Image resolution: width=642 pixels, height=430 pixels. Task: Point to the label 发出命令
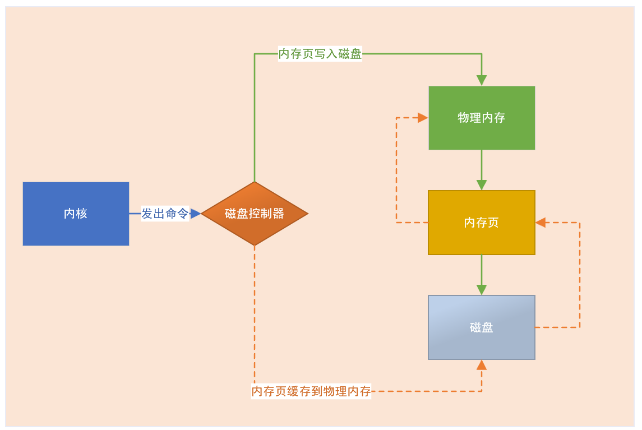click(x=165, y=214)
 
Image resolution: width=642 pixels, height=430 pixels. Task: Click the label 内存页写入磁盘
click(x=320, y=54)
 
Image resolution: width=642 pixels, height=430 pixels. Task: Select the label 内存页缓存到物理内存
click(x=311, y=391)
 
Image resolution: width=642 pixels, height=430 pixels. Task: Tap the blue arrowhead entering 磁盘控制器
click(x=195, y=214)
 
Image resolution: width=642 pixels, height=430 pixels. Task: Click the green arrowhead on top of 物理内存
click(x=482, y=80)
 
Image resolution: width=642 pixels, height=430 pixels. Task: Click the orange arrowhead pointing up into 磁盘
click(x=482, y=366)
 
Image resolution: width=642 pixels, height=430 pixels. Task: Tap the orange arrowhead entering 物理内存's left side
click(x=422, y=118)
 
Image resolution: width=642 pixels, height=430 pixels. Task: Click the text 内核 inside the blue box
click(x=76, y=214)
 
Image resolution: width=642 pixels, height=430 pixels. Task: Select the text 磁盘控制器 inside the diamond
click(x=255, y=214)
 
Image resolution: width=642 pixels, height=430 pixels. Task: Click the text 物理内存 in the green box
click(x=482, y=118)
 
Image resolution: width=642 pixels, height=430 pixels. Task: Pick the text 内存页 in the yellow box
click(x=482, y=223)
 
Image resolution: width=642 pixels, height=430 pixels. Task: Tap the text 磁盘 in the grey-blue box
click(x=482, y=327)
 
